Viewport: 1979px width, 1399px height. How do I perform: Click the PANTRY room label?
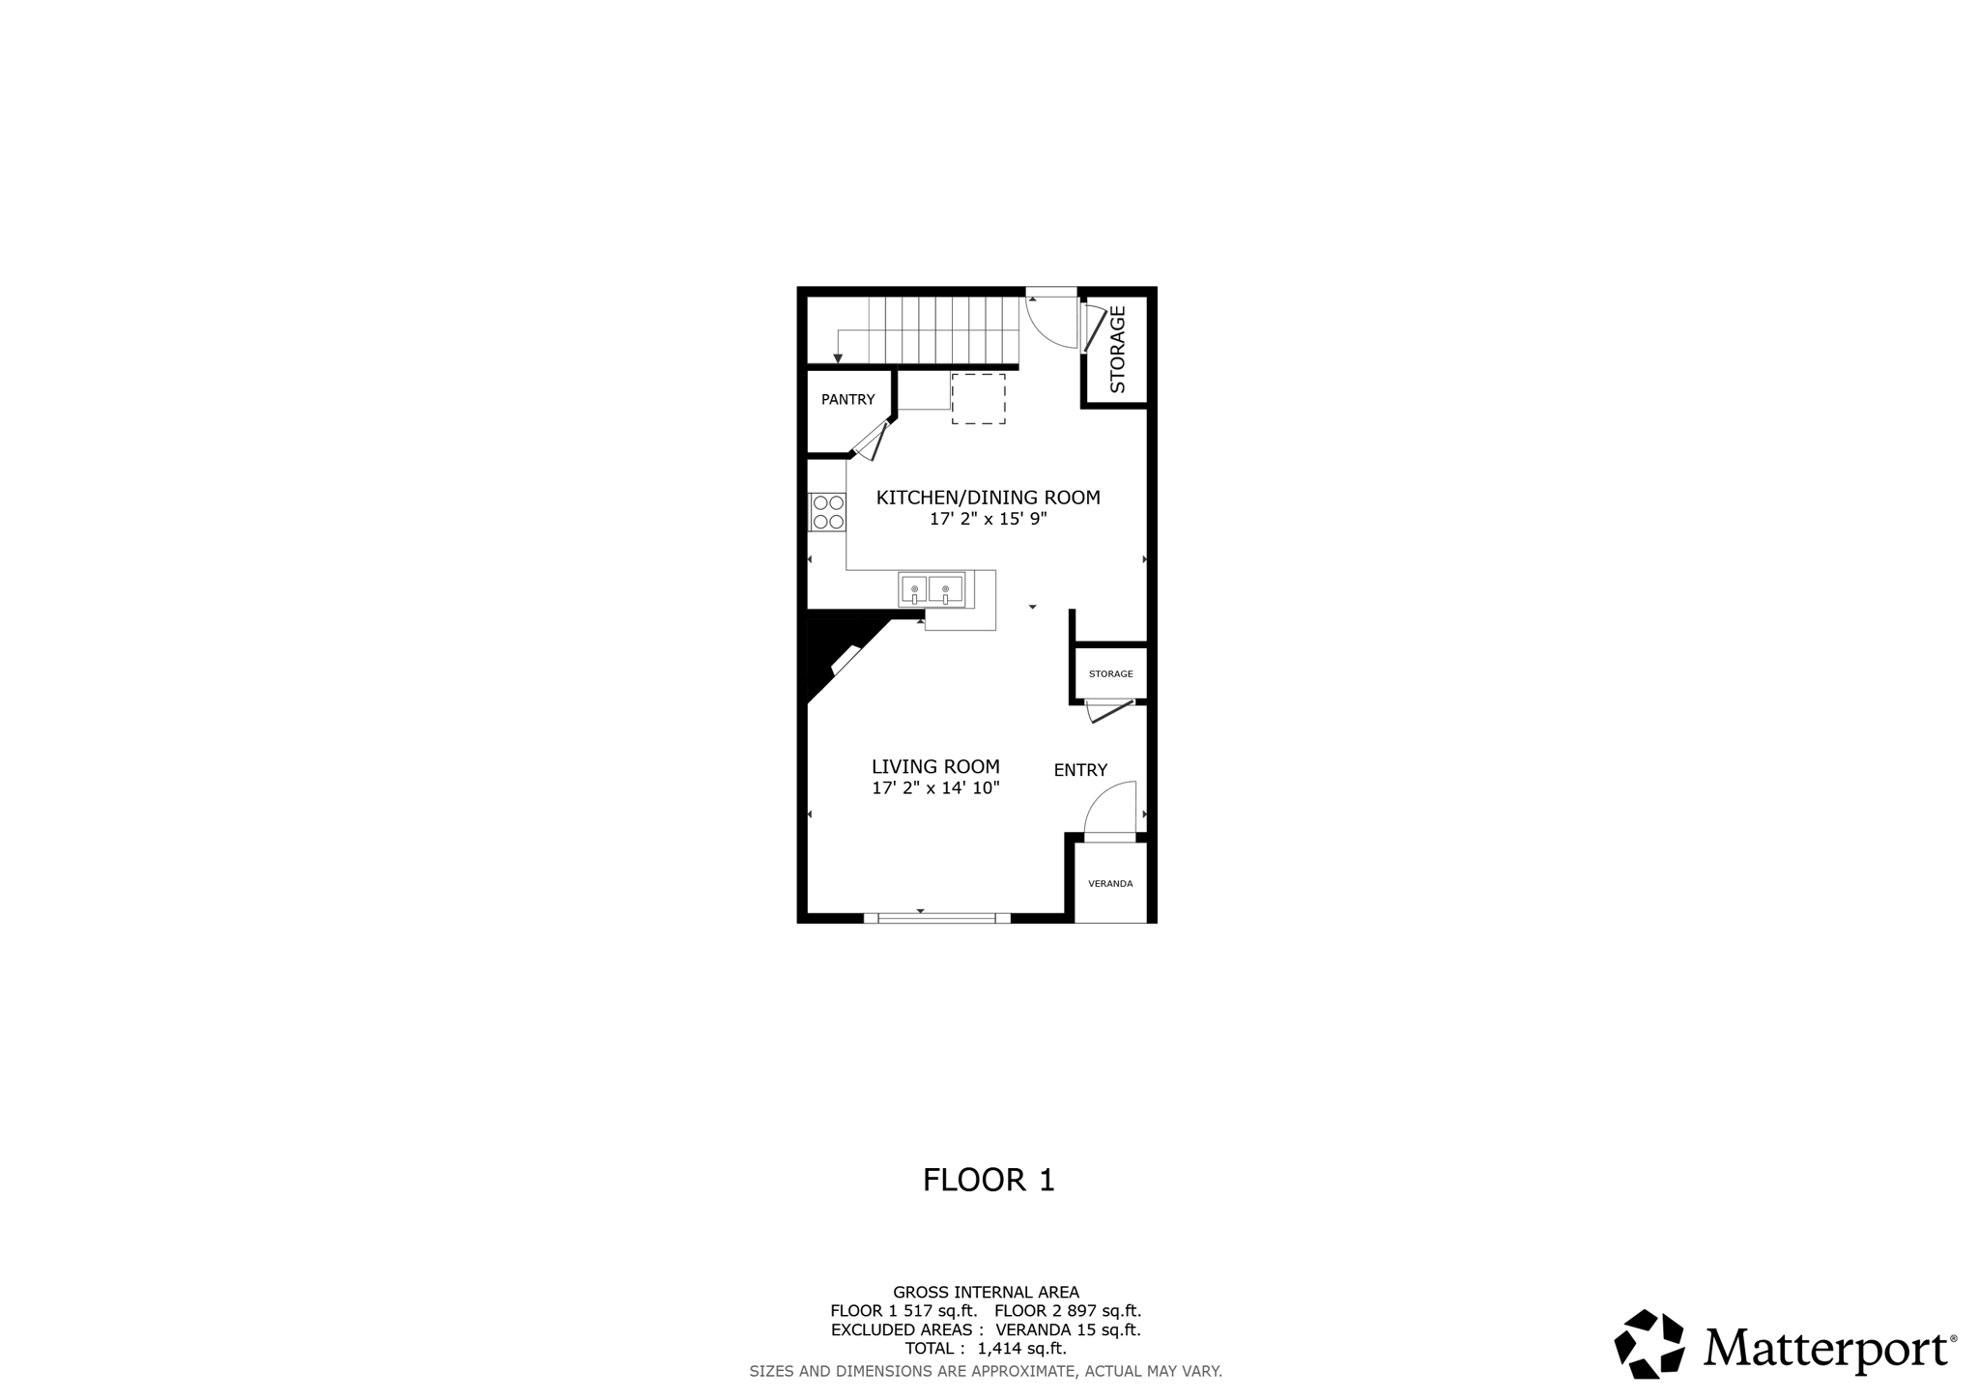point(847,399)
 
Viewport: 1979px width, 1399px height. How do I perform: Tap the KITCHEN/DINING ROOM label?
point(988,498)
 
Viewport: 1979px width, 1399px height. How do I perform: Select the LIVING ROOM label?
point(935,766)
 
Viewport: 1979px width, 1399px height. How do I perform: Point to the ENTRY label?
point(1080,770)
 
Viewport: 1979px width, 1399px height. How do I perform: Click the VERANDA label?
point(1110,883)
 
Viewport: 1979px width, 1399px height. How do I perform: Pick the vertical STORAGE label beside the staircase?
point(1118,349)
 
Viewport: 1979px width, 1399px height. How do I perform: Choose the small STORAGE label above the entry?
point(1110,673)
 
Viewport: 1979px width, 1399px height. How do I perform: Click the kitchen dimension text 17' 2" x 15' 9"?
point(988,519)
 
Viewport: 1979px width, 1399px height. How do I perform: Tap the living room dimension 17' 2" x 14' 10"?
point(935,787)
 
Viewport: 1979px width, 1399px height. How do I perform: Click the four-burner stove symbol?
point(828,512)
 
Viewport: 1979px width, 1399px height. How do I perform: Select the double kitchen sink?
point(932,589)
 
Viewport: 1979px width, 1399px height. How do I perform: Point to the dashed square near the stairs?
point(978,399)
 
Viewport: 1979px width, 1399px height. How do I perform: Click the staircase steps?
point(943,329)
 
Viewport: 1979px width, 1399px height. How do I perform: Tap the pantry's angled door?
point(872,442)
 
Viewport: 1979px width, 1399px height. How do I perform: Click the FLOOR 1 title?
point(988,1180)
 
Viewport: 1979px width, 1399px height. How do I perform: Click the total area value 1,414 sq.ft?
point(1021,1348)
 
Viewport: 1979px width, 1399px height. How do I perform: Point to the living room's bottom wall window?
point(936,917)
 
